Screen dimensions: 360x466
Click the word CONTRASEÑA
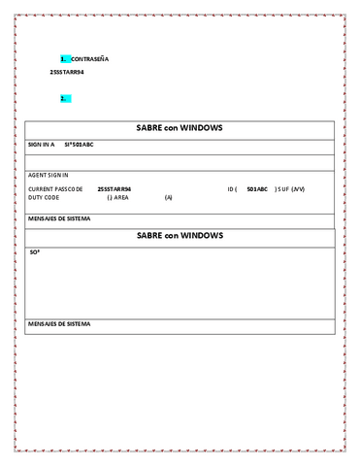[90, 59]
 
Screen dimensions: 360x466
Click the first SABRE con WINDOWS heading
[180, 128]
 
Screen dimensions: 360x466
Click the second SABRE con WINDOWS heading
[180, 236]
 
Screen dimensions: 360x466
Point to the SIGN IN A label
[42, 145]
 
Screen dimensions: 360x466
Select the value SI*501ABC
[79, 145]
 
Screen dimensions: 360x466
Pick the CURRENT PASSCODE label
[55, 188]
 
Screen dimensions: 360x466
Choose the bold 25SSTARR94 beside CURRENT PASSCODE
[115, 188]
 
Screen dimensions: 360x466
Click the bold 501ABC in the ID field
[257, 188]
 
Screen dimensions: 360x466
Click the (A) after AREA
[168, 197]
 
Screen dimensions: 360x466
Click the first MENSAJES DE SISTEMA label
[59, 219]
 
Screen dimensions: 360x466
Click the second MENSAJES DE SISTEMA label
[59, 322]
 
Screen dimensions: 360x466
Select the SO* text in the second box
[34, 252]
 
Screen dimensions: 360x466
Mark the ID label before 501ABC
[233, 188]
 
